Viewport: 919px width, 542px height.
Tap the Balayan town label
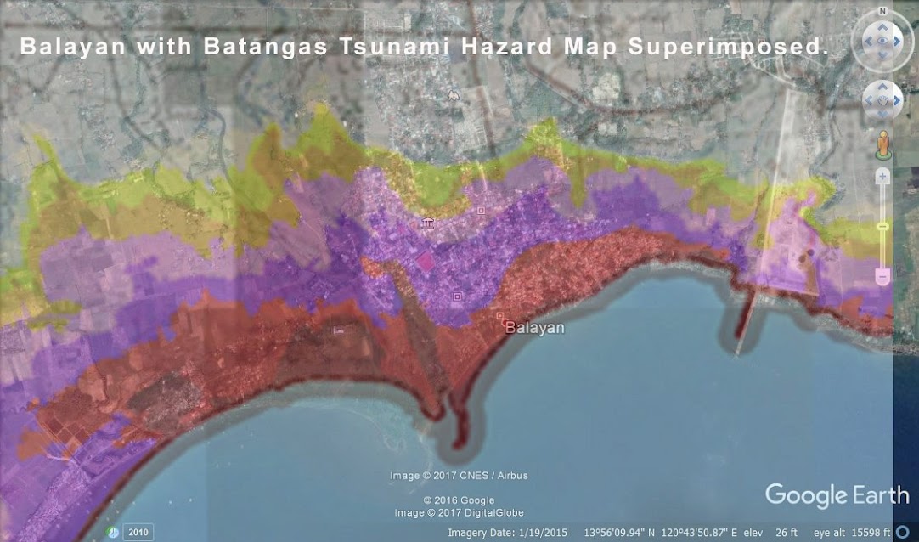pos(534,327)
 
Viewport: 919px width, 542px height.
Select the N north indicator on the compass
pos(882,11)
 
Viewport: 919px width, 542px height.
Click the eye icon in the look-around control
pos(882,40)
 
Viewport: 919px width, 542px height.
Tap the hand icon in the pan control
pos(882,100)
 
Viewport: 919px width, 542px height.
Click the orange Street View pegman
pos(883,144)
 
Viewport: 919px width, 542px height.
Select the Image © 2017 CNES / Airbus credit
pos(459,476)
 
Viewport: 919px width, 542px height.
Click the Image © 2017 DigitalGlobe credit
pos(459,512)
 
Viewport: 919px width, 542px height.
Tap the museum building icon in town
pos(426,223)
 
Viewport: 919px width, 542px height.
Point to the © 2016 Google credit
pos(459,500)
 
